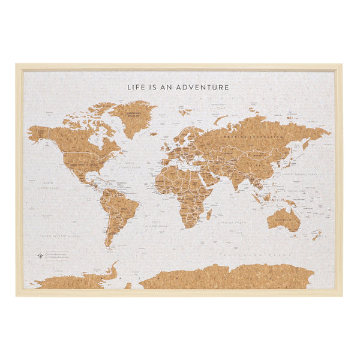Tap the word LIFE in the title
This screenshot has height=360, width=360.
coord(136,87)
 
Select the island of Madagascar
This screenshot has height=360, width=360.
coord(209,214)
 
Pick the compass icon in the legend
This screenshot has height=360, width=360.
coord(39,256)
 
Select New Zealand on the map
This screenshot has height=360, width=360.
coord(316,235)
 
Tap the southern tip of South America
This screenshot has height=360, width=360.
coord(109,245)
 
